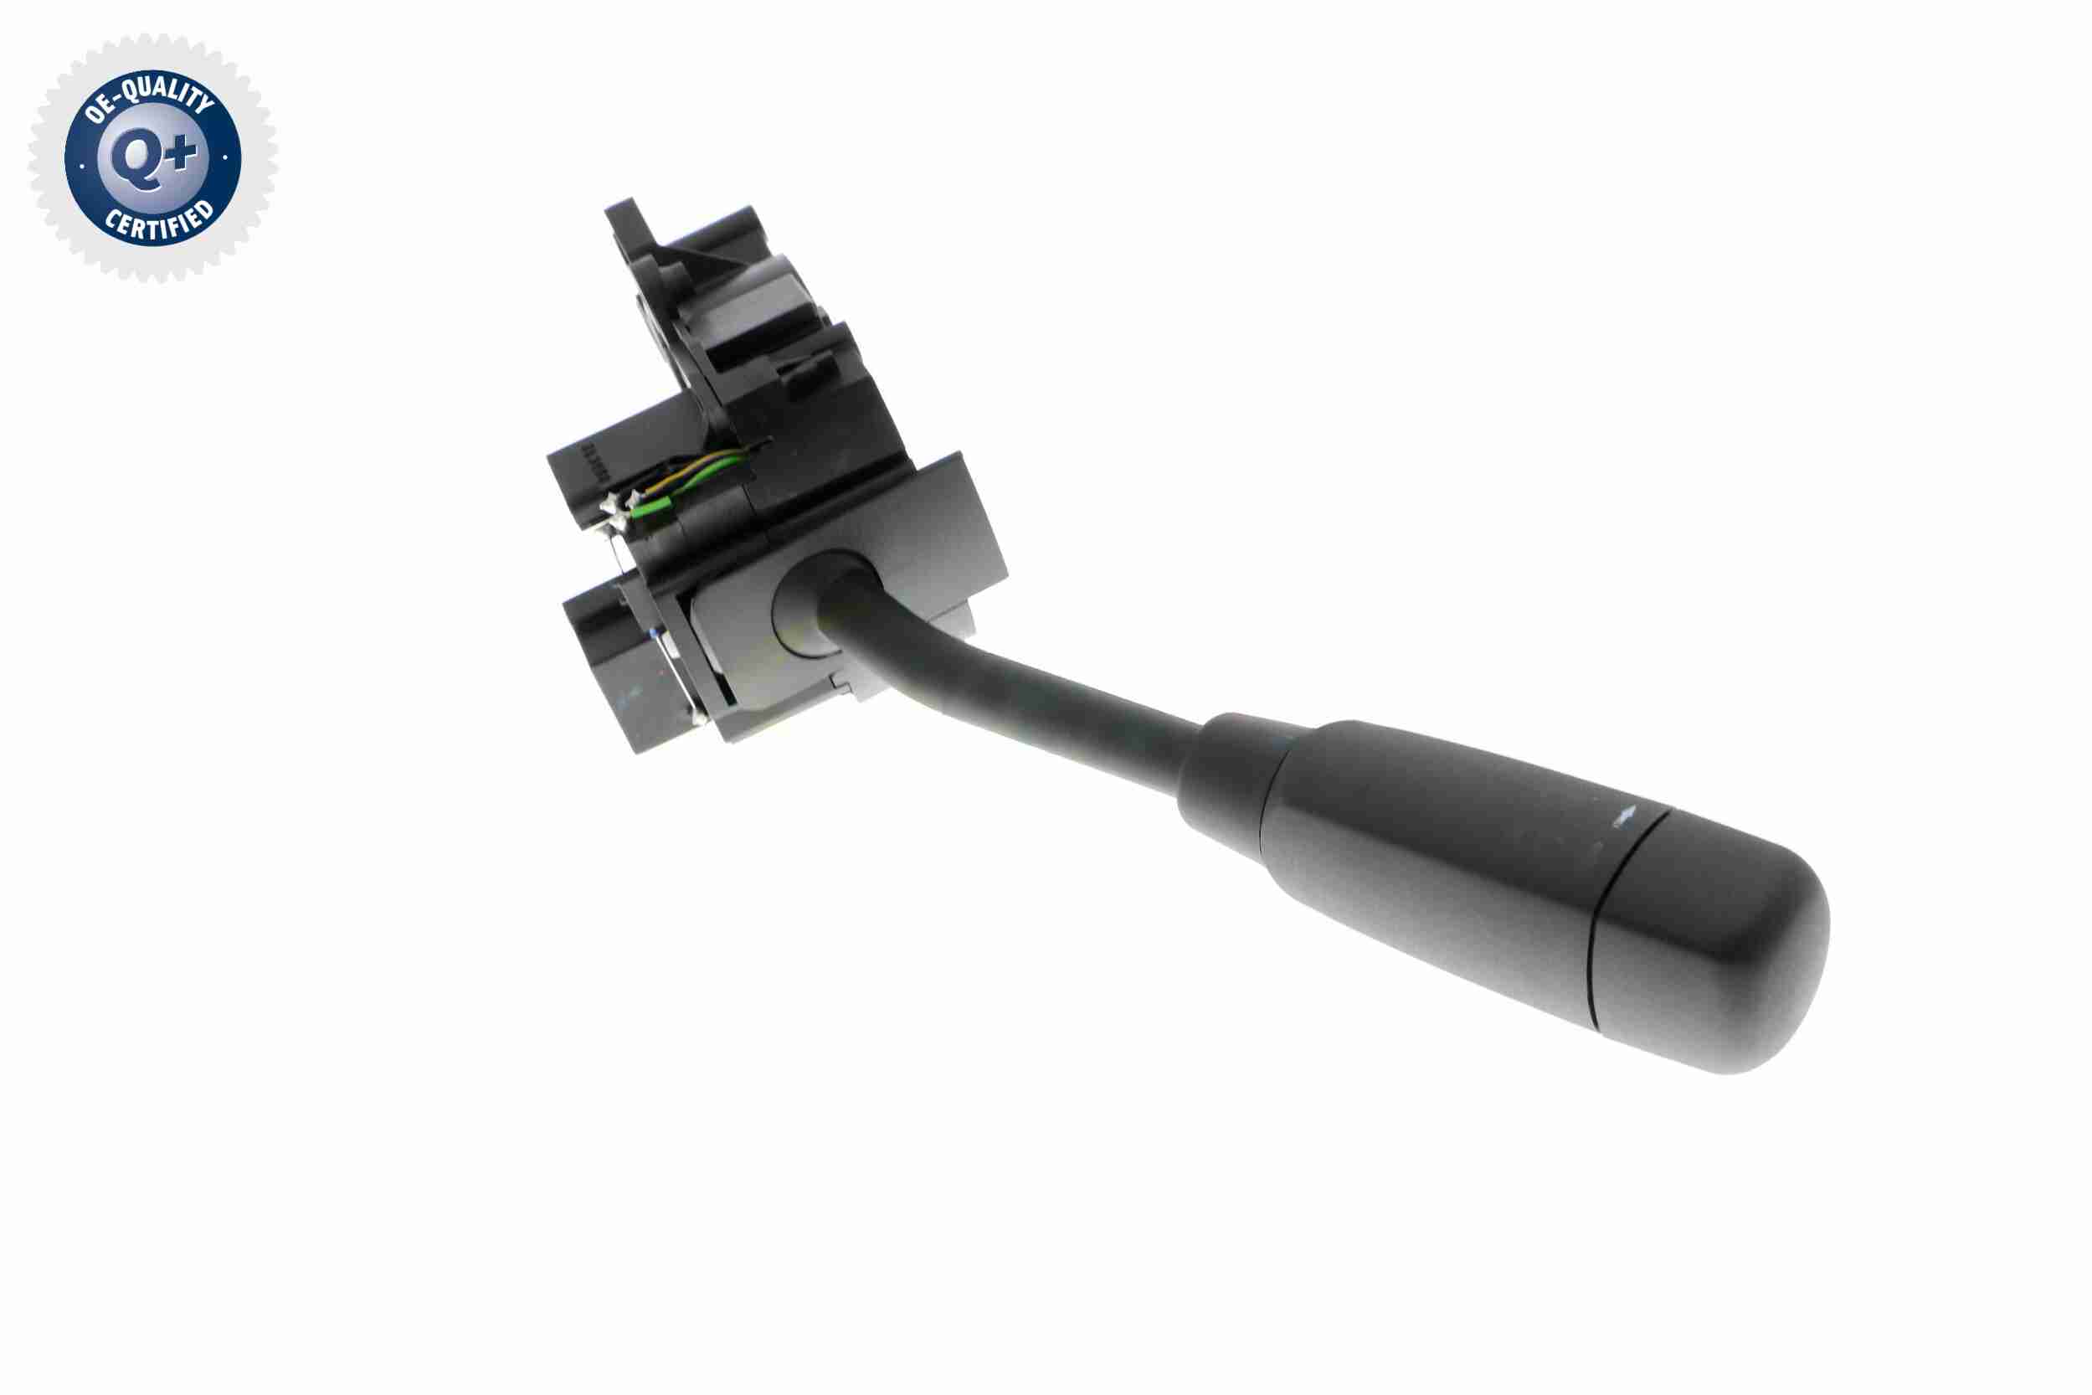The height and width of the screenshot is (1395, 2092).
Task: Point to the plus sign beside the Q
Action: pyautogui.click(x=182, y=154)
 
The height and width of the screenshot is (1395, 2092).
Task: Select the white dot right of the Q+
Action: pyautogui.click(x=225, y=157)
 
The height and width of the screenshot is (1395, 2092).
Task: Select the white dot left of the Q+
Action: pyautogui.click(x=82, y=165)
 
